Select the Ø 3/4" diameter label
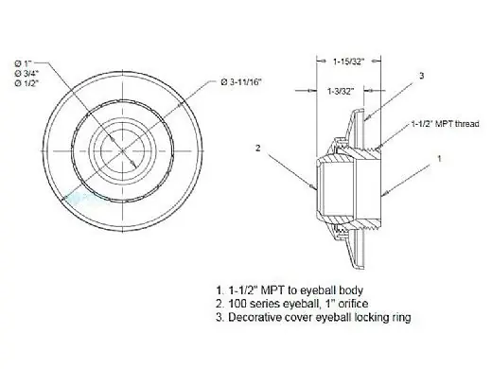[26, 74]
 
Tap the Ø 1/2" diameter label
[26, 84]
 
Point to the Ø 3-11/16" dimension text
[241, 82]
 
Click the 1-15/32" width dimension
[349, 61]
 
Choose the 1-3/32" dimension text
[341, 92]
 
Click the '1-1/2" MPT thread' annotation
[445, 124]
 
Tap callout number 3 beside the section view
[422, 76]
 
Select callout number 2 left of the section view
[258, 148]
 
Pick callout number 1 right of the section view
[439, 158]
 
